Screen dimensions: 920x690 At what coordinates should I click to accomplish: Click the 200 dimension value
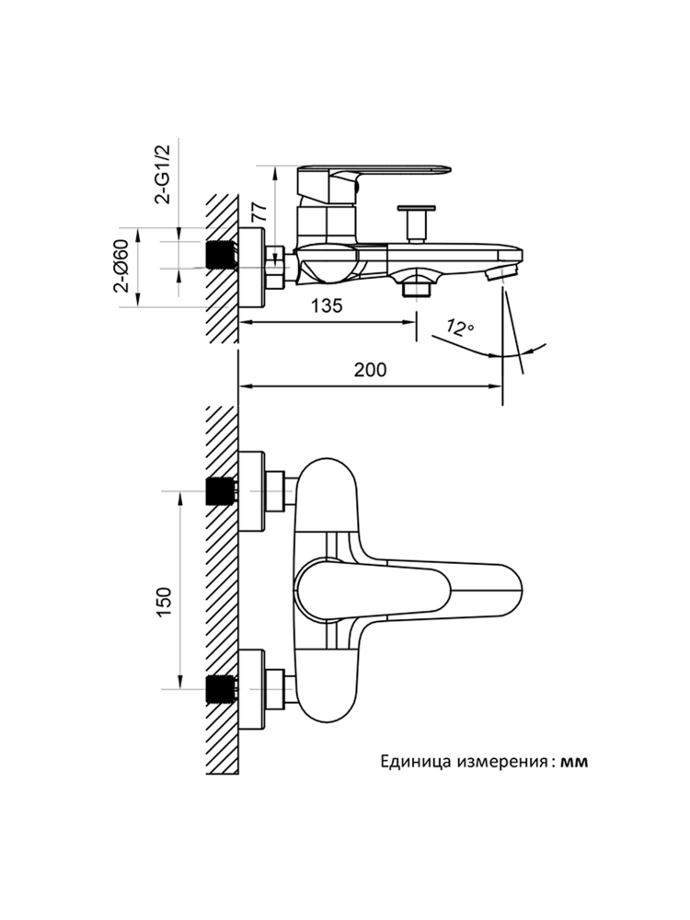pos(370,370)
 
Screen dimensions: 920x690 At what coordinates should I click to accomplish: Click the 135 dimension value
pos(327,306)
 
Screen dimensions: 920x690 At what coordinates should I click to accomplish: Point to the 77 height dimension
pos(259,209)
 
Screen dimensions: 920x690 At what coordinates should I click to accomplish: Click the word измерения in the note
pos(499,762)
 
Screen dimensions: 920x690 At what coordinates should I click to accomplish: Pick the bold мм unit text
pos(574,762)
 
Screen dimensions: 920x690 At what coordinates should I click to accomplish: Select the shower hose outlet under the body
pos(416,288)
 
